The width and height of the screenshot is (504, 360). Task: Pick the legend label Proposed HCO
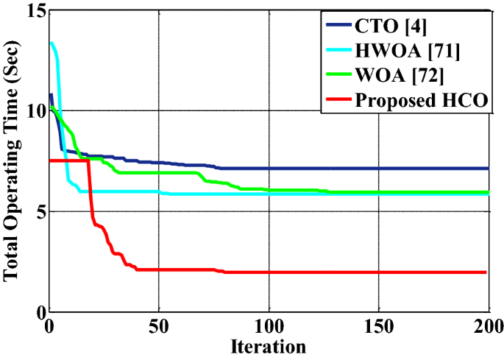(x=422, y=101)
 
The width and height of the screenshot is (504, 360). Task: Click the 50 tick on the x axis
(x=159, y=326)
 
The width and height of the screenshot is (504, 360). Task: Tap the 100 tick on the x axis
(x=269, y=326)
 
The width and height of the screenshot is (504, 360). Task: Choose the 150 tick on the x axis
(x=379, y=326)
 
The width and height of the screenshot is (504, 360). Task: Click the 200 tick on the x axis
(x=488, y=326)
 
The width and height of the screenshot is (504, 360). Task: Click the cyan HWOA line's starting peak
(x=52, y=43)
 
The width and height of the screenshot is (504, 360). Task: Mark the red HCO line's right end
(x=487, y=272)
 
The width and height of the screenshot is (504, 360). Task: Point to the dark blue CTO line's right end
(x=487, y=169)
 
